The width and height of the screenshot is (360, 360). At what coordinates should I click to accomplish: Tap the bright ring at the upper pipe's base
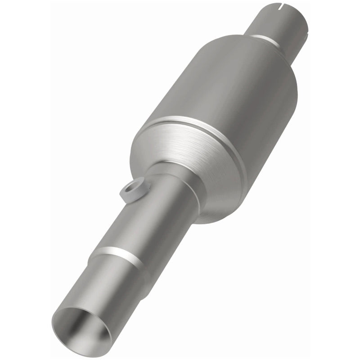(265, 38)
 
